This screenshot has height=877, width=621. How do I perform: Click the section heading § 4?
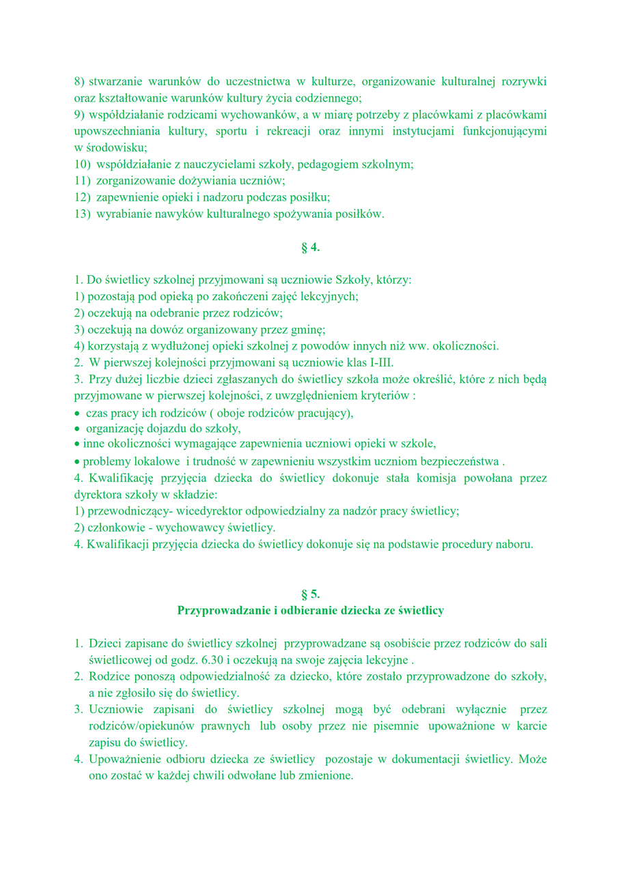pos(310,247)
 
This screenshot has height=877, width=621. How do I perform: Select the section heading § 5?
pos(310,594)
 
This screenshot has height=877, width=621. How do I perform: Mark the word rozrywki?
pos(524,82)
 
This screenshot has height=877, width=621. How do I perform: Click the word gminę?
pos(307,330)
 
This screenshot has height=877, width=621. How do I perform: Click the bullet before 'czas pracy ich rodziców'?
pos(77,414)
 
